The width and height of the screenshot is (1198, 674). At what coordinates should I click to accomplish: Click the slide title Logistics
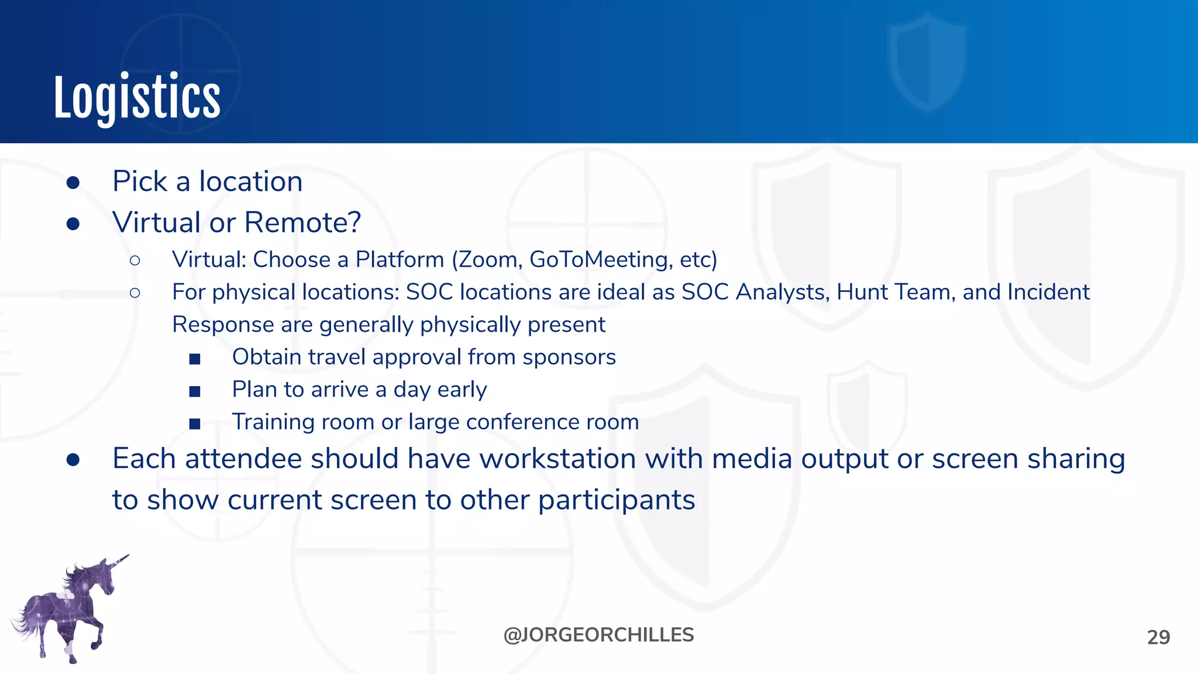click(137, 97)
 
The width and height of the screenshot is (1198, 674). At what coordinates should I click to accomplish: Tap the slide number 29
click(1158, 637)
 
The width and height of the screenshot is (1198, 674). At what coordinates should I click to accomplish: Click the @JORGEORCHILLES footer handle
click(598, 635)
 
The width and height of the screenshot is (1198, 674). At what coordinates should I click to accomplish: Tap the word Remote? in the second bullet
click(302, 223)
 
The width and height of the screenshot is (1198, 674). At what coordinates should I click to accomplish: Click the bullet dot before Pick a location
click(73, 183)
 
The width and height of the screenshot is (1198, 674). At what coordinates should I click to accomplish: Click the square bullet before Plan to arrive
click(195, 391)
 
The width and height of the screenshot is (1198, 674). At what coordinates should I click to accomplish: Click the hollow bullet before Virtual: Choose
click(135, 260)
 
